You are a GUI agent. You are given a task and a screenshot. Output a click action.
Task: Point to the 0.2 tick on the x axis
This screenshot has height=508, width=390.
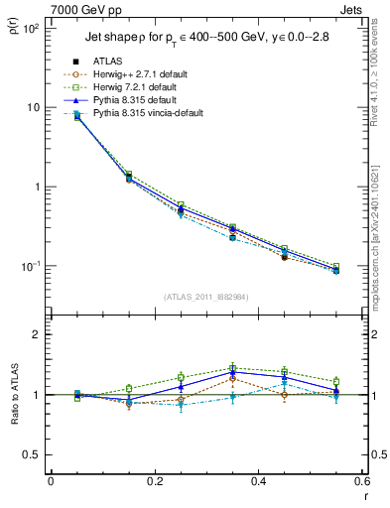pos(155,481)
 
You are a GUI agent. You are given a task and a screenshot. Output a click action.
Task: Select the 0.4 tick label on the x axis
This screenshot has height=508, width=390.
pos(259,481)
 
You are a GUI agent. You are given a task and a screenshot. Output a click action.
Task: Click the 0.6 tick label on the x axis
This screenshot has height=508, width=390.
pos(362,481)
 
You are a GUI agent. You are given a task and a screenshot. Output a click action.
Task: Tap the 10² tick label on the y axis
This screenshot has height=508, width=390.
pos(30,29)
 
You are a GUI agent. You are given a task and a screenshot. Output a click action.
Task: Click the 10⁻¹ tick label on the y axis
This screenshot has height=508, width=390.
pos(30,267)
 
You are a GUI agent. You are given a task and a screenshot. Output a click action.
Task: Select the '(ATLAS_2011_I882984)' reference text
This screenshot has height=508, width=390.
pos(206,296)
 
